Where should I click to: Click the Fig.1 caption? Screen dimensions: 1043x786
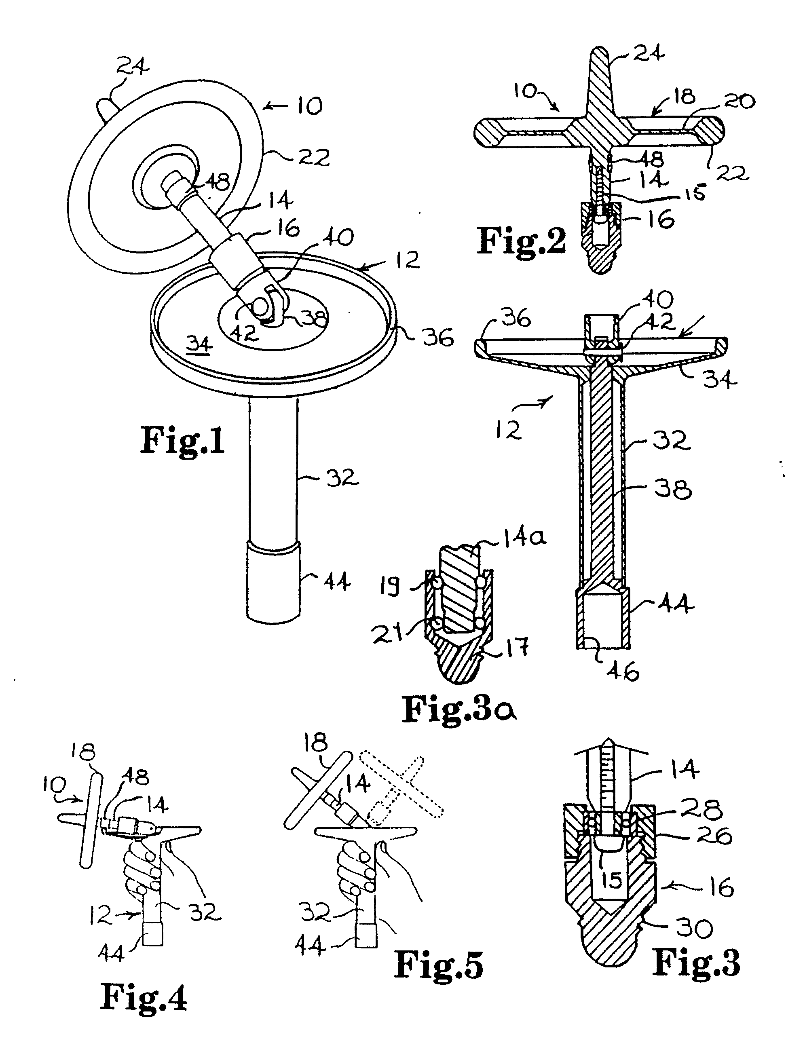tap(182, 440)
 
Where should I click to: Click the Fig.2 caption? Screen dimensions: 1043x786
tap(521, 241)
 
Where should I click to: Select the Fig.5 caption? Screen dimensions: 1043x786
tap(439, 964)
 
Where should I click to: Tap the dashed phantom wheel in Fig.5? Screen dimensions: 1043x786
tap(401, 788)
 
